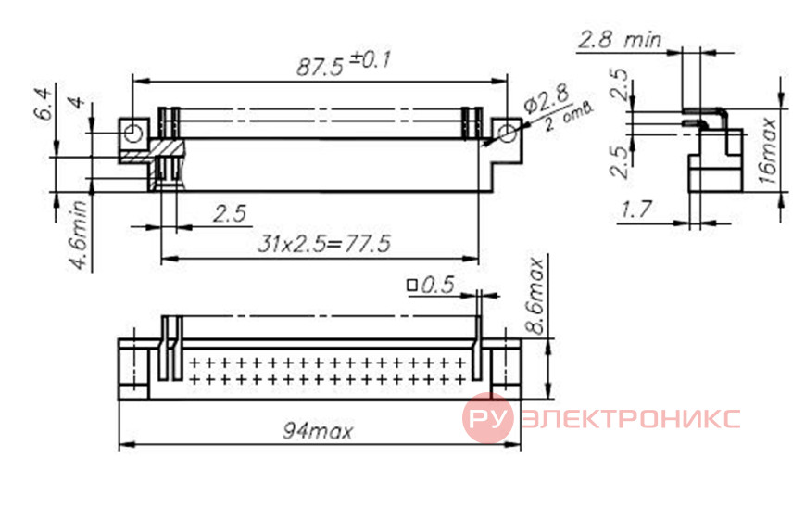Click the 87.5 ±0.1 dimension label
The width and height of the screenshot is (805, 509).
pos(344,64)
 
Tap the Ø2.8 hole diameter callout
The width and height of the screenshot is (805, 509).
pos(547,100)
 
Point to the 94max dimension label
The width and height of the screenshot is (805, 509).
pos(318,431)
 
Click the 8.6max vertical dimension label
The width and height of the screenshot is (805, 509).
pos(535,297)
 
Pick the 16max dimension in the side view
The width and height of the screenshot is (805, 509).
pos(768,150)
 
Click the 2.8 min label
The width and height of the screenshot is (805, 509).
pos(620,40)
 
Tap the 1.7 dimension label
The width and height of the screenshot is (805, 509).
pos(636,210)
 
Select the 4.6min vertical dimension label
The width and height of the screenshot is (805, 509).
pos(79,235)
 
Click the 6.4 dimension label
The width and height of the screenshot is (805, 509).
pos(44,104)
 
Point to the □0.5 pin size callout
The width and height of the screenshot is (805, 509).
pos(431,286)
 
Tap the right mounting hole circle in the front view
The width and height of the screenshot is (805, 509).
pos(508,134)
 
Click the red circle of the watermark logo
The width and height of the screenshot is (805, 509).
pos(487,418)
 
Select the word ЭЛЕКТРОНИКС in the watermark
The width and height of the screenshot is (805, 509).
pos(631,418)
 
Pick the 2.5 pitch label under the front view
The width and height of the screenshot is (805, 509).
pos(230,213)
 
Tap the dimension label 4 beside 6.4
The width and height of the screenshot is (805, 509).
pos(77,102)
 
